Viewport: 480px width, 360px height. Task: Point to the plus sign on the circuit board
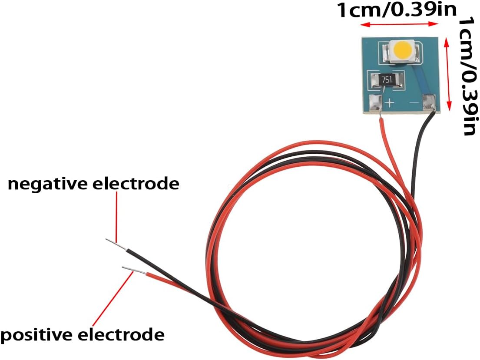(x=390, y=102)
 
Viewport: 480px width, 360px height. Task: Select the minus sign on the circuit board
(x=414, y=102)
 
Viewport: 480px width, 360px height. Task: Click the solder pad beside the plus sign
(x=375, y=103)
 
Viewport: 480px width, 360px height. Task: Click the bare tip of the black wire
(x=116, y=244)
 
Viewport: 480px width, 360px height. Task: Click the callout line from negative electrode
(x=116, y=215)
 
